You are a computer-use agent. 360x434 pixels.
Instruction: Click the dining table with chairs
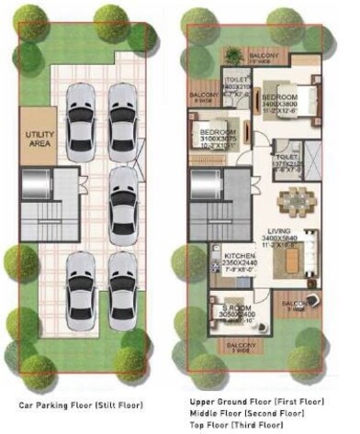click(x=295, y=199)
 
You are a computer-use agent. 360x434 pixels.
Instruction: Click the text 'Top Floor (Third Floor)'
click(x=237, y=424)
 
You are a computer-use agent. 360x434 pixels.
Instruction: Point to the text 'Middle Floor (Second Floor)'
click(x=244, y=413)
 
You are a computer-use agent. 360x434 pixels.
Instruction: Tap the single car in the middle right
click(x=122, y=192)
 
